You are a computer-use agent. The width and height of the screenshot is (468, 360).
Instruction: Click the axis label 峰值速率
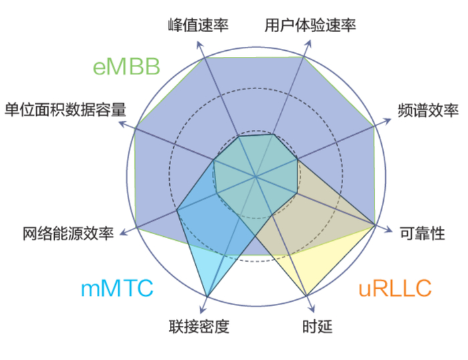[x=198, y=25]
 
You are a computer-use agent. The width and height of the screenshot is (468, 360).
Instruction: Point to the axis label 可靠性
[x=422, y=233]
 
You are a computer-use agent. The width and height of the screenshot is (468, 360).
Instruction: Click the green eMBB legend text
[x=127, y=67]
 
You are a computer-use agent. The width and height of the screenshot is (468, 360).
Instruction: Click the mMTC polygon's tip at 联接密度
[x=208, y=296]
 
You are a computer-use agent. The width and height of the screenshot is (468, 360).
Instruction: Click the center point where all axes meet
[x=255, y=177]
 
